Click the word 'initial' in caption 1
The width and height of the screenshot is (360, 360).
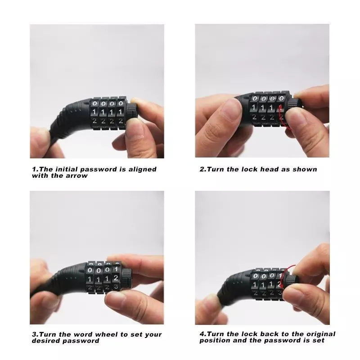(67, 169)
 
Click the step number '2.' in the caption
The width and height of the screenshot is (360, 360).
(202, 169)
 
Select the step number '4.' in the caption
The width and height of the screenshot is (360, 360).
(202, 334)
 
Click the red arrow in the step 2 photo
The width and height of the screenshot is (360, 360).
(282, 115)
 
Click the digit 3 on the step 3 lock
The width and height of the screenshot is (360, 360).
(117, 287)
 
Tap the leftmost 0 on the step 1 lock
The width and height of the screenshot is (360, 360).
(95, 103)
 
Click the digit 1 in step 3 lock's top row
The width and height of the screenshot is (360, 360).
(115, 269)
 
